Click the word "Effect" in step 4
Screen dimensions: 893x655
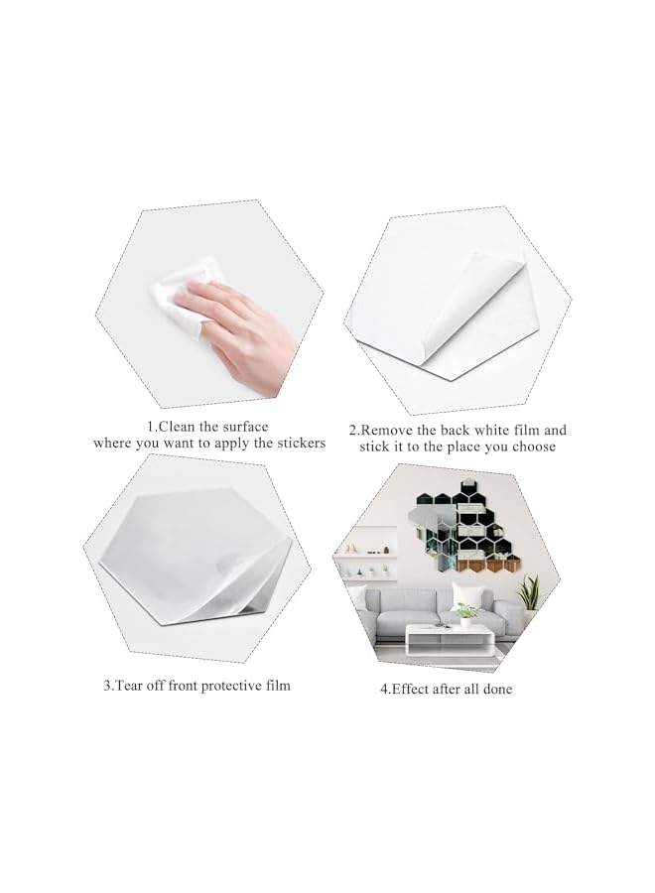417,689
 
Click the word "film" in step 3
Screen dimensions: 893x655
276,686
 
